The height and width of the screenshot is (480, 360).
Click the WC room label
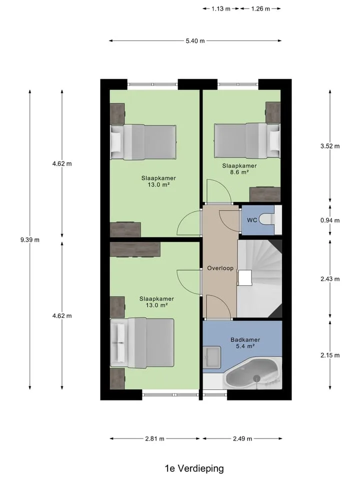tap(252, 220)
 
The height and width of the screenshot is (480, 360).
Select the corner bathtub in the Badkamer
tap(253, 373)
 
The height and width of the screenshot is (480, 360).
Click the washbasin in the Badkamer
tap(211, 356)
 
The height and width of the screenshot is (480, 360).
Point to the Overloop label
tap(220, 268)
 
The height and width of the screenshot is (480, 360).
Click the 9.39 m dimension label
tap(30, 240)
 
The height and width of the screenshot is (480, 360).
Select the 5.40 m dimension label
tap(195, 40)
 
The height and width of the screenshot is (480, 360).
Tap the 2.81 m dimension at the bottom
tap(154, 438)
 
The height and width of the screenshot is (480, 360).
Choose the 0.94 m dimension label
tap(330, 220)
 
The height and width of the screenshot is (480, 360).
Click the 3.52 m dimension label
tap(330, 146)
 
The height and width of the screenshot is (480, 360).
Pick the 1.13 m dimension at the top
tap(220, 9)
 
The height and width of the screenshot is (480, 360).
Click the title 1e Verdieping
tap(194, 468)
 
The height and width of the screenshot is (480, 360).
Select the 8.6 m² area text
tap(239, 172)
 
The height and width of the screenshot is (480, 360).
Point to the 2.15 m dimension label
tap(330, 355)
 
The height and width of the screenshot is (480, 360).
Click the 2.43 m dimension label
tap(330, 279)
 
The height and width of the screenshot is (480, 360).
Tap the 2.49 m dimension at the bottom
tap(242, 438)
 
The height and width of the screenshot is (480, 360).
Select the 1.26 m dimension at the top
tap(260, 9)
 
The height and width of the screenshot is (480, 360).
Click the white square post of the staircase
tap(245, 277)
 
